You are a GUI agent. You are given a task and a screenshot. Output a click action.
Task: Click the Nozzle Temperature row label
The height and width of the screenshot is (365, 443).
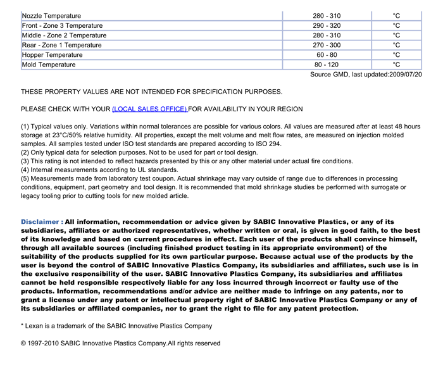51,16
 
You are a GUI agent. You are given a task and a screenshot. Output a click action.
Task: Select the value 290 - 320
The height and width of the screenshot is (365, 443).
326,25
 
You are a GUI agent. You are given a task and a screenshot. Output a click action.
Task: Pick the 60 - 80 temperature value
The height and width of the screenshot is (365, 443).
326,55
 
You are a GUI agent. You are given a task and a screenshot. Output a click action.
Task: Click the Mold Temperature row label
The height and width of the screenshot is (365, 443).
49,65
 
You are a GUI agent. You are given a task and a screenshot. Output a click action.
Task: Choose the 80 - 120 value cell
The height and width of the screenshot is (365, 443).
326,65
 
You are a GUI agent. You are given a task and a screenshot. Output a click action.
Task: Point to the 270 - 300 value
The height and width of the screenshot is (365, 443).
326,45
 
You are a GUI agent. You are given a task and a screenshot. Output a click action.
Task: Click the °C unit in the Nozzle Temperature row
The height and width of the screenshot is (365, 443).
396,16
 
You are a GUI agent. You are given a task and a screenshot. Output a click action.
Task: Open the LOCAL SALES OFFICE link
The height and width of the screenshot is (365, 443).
149,109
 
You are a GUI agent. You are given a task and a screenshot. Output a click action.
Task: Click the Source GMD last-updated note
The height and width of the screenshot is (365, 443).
366,75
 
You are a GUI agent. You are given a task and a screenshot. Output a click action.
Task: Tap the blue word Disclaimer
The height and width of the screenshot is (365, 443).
42,222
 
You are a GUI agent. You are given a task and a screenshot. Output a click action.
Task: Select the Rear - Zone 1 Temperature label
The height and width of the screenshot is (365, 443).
61,45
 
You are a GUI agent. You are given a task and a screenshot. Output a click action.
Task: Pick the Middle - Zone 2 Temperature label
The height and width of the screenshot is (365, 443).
64,35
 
